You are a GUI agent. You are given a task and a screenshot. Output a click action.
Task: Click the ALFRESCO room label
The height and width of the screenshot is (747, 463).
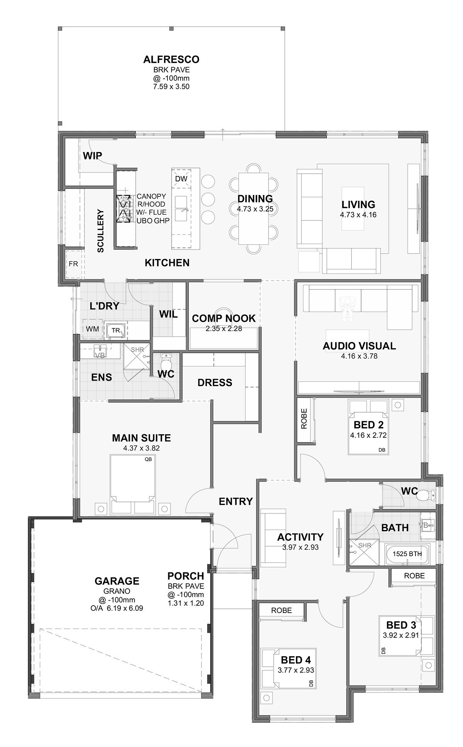[x=171, y=59]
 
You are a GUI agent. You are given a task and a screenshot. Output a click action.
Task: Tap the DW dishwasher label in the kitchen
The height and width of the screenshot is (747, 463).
[x=181, y=179]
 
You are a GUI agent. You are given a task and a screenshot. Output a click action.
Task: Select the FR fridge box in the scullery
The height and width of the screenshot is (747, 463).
[x=73, y=264]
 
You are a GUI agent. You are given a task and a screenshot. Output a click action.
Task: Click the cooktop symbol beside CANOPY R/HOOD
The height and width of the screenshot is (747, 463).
[x=124, y=208]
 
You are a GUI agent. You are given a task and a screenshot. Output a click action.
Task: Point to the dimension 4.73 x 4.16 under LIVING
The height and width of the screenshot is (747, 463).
[x=358, y=215]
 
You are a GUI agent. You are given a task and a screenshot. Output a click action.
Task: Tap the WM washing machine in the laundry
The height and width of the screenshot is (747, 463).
[x=92, y=329]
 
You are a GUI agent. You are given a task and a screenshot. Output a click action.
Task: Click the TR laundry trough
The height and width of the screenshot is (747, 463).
[x=116, y=330]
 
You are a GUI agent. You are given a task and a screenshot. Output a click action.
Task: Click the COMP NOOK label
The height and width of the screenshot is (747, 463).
[x=223, y=318]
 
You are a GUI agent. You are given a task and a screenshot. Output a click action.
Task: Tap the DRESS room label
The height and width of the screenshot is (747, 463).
[x=215, y=383]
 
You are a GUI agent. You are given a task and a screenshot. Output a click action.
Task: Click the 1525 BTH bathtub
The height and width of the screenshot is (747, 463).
[x=407, y=554]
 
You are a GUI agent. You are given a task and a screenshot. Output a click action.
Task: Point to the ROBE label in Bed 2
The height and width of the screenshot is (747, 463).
[x=304, y=419]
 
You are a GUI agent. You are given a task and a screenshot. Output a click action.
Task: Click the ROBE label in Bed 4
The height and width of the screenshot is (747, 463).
[x=281, y=610]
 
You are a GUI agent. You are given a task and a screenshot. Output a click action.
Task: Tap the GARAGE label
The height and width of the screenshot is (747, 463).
[x=117, y=581]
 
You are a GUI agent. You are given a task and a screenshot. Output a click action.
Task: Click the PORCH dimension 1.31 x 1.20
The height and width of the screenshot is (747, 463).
[x=186, y=603]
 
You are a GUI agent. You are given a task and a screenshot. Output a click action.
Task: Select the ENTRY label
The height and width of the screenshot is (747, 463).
[x=235, y=501]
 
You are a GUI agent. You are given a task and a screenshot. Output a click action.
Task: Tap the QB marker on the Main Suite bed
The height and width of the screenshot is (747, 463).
[x=148, y=459]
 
